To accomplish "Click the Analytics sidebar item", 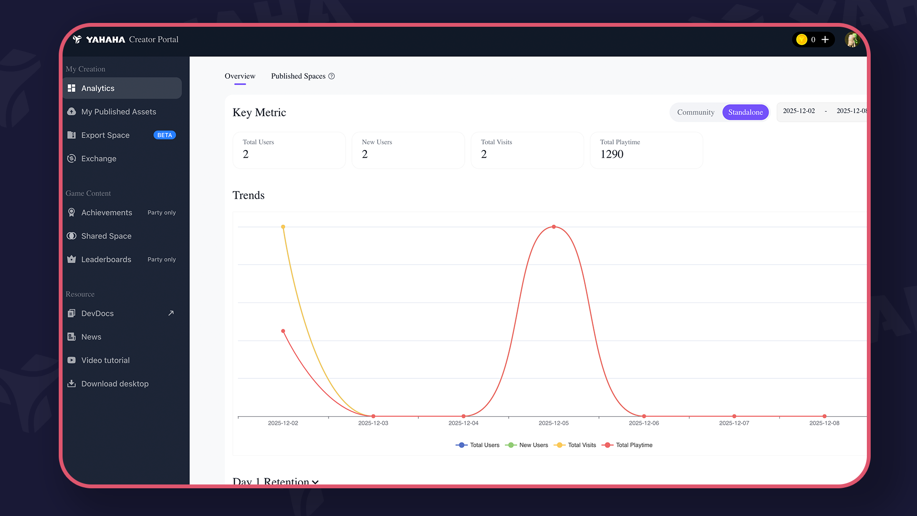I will coord(98,88).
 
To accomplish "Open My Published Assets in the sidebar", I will coord(118,112).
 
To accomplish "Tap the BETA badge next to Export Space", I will coord(164,135).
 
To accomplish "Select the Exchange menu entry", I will coord(98,159).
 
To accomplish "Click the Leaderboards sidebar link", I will coord(106,259).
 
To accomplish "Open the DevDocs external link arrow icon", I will coord(171,313).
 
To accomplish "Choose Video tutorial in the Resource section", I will coord(105,360).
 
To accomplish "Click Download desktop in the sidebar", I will coord(115,384).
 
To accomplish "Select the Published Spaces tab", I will coord(299,76).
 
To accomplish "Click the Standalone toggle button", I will coord(745,112).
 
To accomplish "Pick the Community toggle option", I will coord(695,112).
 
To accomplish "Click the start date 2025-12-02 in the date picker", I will coord(799,111).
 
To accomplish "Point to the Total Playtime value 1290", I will coord(612,154).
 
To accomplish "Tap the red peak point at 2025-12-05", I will coord(554,227).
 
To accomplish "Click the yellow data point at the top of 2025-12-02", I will coord(283,227).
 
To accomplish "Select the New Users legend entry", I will coord(527,445).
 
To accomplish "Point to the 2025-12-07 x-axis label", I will coord(734,423).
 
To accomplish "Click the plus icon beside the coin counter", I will coord(825,40).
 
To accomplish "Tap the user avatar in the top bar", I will coord(852,40).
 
